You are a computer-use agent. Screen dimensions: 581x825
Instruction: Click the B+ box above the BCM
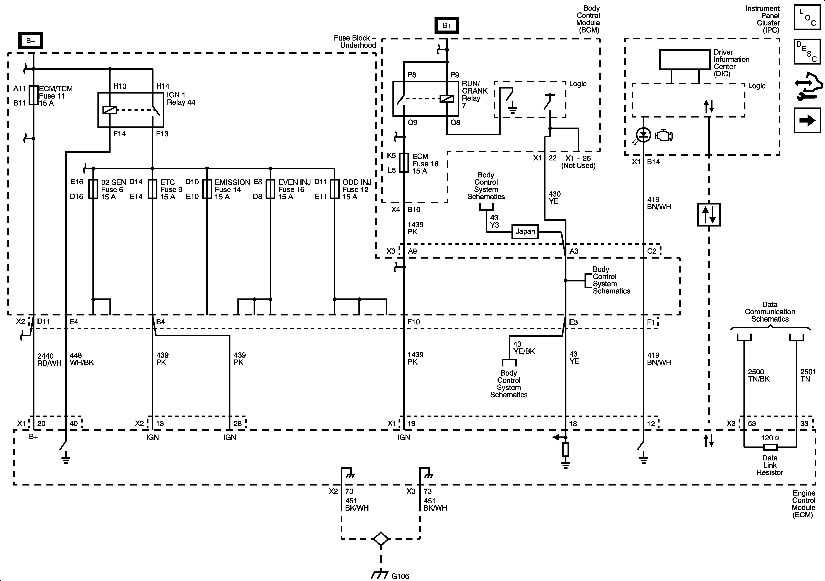pyautogui.click(x=447, y=26)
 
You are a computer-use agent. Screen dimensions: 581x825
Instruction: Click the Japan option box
pyautogui.click(x=525, y=231)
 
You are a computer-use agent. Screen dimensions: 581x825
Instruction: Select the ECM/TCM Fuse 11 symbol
pyautogui.click(x=33, y=95)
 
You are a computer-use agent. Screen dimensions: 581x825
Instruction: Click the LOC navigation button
pyautogui.click(x=807, y=17)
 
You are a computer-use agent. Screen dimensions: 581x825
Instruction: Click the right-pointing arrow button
pyautogui.click(x=807, y=120)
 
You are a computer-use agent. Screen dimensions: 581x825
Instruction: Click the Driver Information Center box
pyautogui.click(x=685, y=60)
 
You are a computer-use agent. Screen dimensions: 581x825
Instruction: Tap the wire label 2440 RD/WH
pyautogui.click(x=49, y=359)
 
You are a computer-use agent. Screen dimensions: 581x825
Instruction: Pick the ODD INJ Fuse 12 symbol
pyautogui.click(x=334, y=189)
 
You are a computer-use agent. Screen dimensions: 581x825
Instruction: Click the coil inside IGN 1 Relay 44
pyautogui.click(x=110, y=110)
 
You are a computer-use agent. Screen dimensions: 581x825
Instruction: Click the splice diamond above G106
pyautogui.click(x=381, y=539)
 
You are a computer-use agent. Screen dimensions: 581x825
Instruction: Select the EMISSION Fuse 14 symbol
pyautogui.click(x=207, y=189)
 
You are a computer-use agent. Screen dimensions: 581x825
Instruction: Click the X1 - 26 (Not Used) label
pyautogui.click(x=578, y=162)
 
